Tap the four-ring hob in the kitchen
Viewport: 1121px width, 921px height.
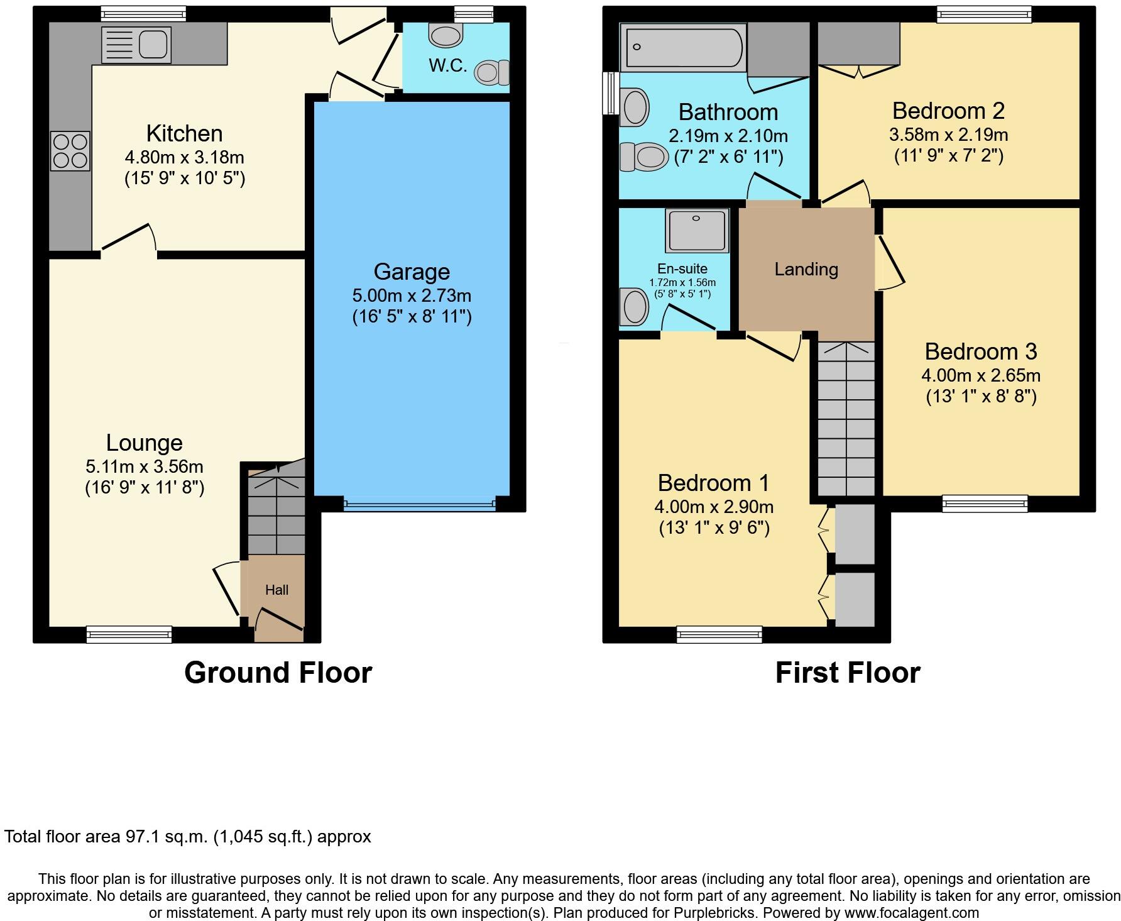click(70, 151)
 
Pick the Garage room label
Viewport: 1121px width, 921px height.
click(412, 272)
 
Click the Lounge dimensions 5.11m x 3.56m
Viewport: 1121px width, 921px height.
click(145, 466)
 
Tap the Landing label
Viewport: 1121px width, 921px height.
click(806, 269)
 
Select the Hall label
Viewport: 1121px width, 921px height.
click(276, 590)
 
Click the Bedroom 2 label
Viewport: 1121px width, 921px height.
click(948, 111)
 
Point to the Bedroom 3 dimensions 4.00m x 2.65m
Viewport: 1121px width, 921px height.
click(981, 375)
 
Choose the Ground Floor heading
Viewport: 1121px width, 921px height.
click(278, 673)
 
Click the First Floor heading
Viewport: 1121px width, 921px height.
click(848, 673)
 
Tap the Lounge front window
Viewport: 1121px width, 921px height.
click(129, 634)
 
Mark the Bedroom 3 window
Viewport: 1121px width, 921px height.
click(985, 504)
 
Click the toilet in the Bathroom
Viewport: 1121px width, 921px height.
click(643, 156)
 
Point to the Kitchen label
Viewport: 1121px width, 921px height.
click(185, 133)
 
